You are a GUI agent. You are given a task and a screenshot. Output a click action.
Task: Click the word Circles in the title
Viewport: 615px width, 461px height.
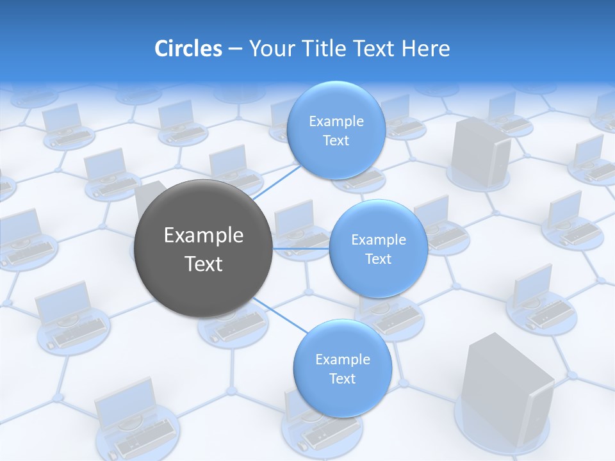pyautogui.click(x=188, y=49)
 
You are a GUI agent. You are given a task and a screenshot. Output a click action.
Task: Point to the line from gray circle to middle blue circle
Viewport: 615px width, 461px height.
pyautogui.click(x=300, y=248)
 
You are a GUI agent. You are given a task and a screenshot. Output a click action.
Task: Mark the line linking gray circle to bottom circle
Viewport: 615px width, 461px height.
pyautogui.click(x=280, y=315)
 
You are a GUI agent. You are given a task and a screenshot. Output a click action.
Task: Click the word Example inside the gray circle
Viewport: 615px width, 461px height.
pyautogui.click(x=204, y=236)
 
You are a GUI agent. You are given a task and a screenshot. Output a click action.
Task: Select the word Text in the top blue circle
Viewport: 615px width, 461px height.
pyautogui.click(x=336, y=141)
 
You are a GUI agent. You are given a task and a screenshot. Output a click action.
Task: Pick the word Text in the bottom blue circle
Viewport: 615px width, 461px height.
pyautogui.click(x=342, y=379)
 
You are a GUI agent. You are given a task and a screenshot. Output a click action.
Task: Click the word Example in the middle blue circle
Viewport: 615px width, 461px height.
pyautogui.click(x=379, y=239)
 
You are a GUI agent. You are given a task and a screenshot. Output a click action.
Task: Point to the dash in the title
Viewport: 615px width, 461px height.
pyautogui.click(x=234, y=49)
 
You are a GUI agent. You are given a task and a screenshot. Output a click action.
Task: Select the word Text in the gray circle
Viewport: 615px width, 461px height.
pyautogui.click(x=204, y=264)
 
